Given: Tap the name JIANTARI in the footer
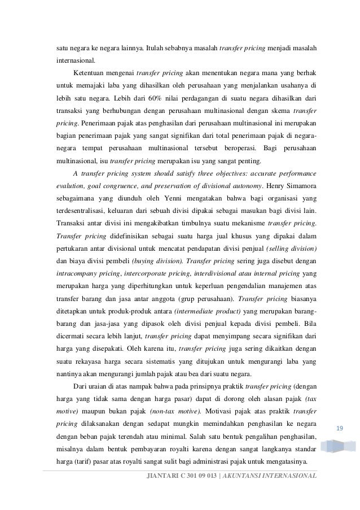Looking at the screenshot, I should pyautogui.click(x=162, y=475).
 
